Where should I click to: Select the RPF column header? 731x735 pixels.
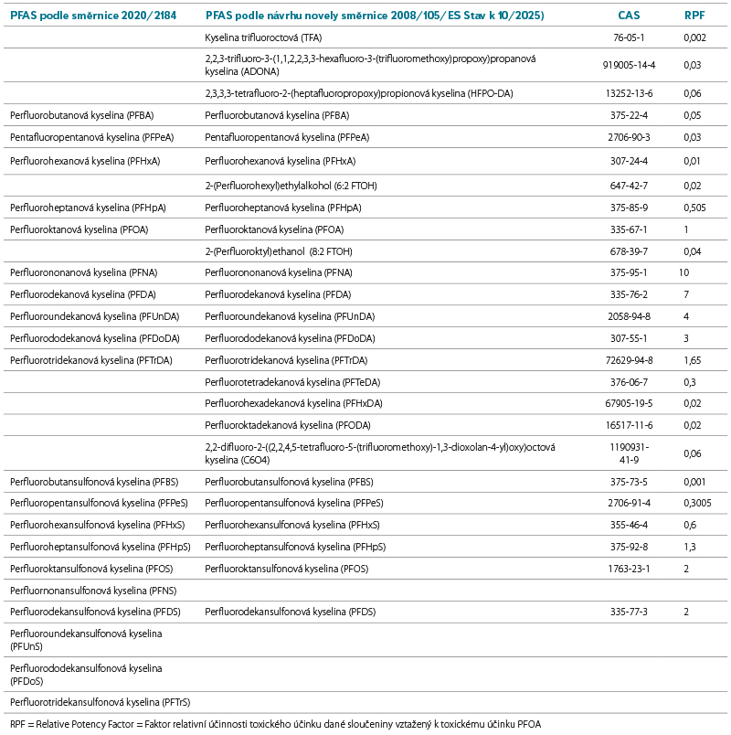[694, 16]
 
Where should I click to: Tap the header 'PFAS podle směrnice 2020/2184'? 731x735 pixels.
[92, 16]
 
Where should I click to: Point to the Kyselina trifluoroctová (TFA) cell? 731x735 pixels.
[263, 38]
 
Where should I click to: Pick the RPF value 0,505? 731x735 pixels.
[696, 208]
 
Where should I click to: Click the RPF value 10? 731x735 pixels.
[683, 272]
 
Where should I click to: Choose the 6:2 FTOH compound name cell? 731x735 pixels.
[291, 186]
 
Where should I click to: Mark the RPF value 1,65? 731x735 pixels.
[693, 360]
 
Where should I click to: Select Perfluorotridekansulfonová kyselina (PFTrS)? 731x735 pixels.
[100, 702]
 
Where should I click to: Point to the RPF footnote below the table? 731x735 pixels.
[275, 724]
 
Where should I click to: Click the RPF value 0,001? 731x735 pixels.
[696, 481]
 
